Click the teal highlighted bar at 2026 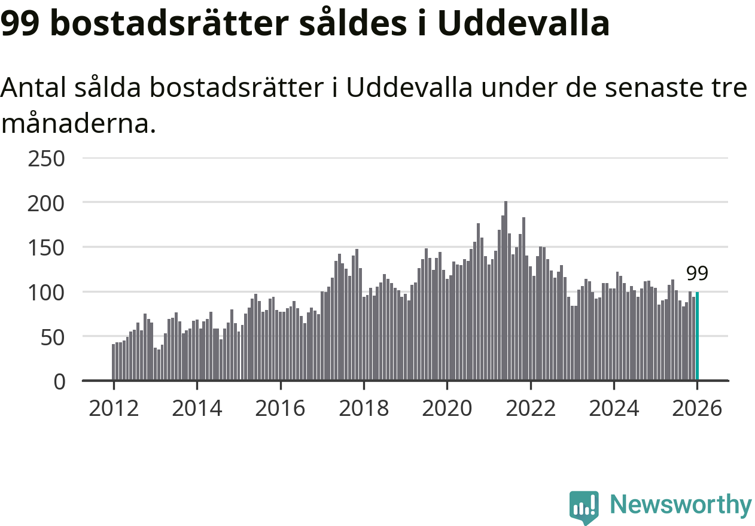pos(697,336)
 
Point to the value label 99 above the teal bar pos(697,273)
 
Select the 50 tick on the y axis pos(51,336)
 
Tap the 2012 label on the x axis pos(113,409)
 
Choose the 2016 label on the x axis pos(280,409)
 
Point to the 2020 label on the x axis pos(447,409)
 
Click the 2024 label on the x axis pos(614,409)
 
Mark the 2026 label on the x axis pos(697,409)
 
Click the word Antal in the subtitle pos(34,89)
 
